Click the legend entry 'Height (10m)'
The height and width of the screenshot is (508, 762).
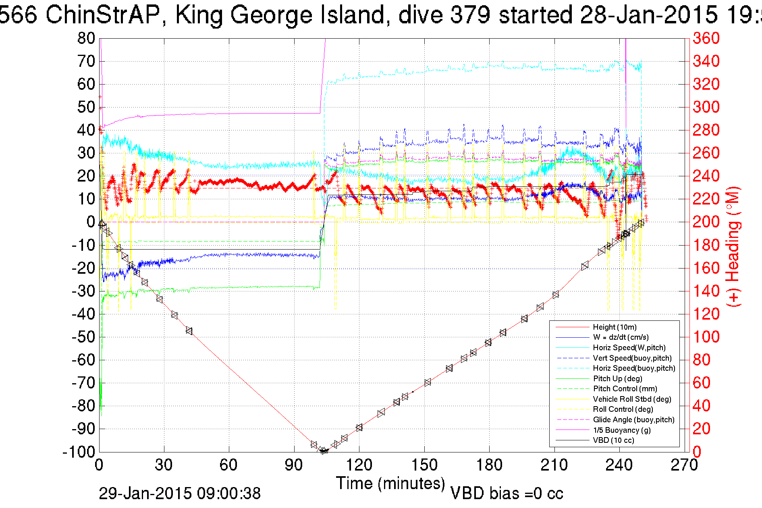615,327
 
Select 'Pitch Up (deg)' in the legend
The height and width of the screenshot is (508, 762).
617,379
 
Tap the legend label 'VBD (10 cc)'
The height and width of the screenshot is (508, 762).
613,440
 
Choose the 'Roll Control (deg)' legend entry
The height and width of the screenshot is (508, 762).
623,409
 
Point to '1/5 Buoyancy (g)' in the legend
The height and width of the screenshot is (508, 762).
622,430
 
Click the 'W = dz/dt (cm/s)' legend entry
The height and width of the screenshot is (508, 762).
621,337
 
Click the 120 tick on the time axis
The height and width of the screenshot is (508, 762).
359,465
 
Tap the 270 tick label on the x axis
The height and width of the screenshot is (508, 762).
684,465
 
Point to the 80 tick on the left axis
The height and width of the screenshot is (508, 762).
86,39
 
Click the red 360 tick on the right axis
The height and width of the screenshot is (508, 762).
706,39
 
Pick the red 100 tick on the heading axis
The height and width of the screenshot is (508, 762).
706,337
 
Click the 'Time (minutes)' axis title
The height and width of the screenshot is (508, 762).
390,483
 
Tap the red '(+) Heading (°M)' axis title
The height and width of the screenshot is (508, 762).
733,246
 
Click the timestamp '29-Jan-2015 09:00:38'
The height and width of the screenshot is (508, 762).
180,494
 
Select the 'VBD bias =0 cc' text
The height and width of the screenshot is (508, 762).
507,494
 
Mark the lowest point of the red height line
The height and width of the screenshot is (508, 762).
323,451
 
